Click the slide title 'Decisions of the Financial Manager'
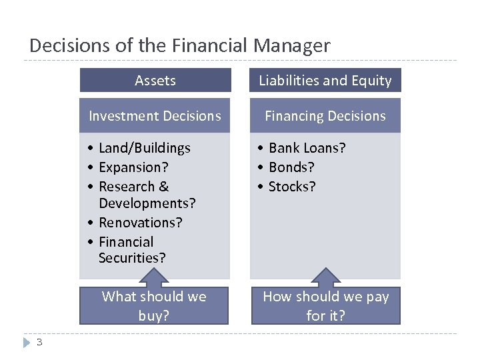179,45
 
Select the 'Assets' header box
155,81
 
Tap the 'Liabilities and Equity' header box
325,81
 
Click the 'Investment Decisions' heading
155,116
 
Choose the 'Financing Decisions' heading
325,116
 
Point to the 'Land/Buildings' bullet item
144,148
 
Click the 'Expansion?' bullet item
133,167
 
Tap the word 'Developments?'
147,202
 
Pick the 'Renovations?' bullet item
140,223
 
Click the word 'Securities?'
132,257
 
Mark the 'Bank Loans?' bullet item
307,148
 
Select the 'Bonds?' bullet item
291,167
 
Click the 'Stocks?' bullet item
292,187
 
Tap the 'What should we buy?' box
154,306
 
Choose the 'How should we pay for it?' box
325,306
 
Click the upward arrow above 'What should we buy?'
154,276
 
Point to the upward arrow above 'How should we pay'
325,276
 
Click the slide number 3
39,343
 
